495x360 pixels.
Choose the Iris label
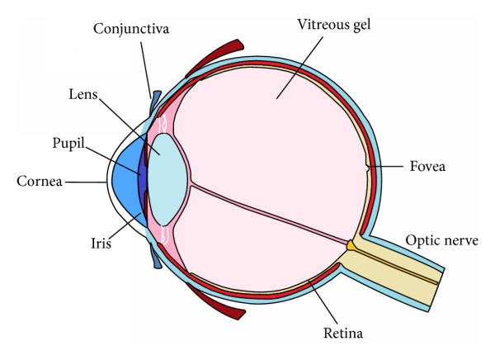click(101, 245)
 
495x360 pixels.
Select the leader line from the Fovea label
click(388, 168)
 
